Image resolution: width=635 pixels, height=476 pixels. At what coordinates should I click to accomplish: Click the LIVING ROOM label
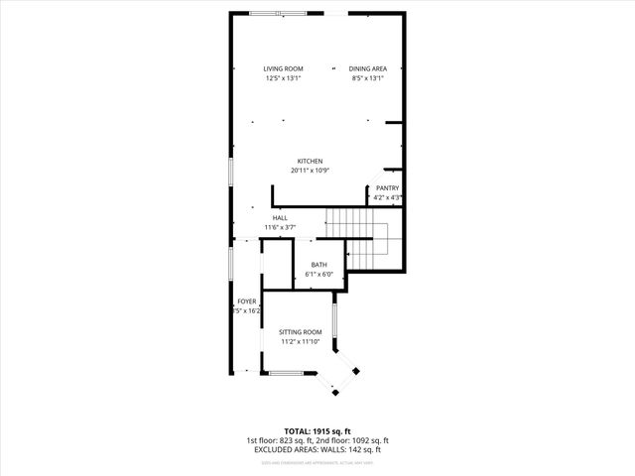coord(282,67)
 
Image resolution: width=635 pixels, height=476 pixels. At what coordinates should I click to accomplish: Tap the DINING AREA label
coord(366,67)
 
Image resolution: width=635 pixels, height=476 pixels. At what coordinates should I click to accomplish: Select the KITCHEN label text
coord(310,162)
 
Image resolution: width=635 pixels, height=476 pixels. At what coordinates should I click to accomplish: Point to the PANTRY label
coord(387,188)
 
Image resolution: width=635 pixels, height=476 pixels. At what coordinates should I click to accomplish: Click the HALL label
coord(280,217)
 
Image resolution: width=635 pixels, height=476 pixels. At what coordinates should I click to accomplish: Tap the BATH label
coord(318,264)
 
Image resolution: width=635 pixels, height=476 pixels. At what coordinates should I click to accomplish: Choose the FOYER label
coord(246,300)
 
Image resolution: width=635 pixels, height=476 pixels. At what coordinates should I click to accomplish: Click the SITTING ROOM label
coord(300,331)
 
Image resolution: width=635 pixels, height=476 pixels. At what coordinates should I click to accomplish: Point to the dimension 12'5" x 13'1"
coord(282,77)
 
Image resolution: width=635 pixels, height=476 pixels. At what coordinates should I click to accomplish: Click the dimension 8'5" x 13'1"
coord(366,77)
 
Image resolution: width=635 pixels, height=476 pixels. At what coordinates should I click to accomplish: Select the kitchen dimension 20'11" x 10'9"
coord(310,171)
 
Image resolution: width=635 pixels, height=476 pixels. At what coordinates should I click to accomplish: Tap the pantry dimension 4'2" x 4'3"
coord(387,197)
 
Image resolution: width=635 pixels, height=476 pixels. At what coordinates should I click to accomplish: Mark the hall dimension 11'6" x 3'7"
coord(280,227)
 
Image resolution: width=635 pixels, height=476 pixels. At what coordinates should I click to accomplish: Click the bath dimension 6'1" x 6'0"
coord(318,274)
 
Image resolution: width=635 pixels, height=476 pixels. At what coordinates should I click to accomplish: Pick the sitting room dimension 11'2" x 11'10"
coord(300,341)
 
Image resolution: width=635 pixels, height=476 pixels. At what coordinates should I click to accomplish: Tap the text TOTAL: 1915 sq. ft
coord(317,431)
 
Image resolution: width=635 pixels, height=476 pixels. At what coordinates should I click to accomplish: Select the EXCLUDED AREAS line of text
coord(317,449)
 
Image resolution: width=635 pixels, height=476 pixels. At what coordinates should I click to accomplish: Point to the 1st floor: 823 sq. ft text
coord(281,440)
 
